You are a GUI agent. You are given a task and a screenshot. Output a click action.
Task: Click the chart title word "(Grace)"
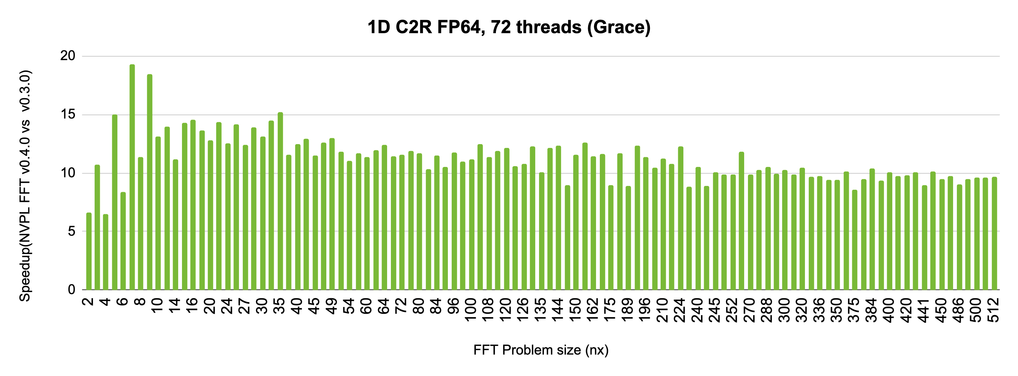click(618, 27)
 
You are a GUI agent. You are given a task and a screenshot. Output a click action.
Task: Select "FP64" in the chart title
click(461, 27)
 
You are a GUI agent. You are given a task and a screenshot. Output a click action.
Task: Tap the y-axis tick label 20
click(68, 56)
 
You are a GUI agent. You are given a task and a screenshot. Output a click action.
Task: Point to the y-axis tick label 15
click(68, 114)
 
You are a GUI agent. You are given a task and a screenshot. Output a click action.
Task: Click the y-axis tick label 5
click(71, 231)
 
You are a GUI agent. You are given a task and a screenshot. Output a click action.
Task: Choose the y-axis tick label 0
click(71, 289)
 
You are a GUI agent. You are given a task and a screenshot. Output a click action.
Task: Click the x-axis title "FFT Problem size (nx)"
click(541, 350)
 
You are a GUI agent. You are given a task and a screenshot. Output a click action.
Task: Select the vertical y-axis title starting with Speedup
click(25, 186)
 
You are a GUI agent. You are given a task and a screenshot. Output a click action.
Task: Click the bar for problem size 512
click(994, 233)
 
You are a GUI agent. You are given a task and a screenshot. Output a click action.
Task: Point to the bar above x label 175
click(611, 237)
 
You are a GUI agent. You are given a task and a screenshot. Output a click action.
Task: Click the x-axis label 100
click(470, 310)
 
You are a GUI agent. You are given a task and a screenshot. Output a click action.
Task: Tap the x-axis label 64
click(383, 307)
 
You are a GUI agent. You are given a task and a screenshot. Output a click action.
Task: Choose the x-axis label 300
click(784, 310)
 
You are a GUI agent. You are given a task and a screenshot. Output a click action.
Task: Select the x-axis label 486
click(959, 310)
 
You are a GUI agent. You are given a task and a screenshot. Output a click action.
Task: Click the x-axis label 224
click(680, 310)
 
